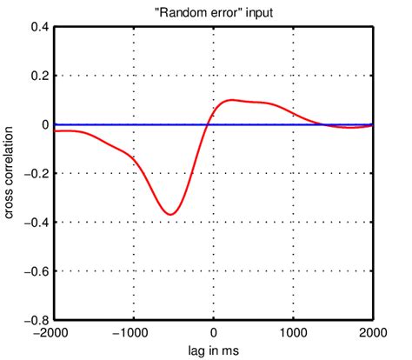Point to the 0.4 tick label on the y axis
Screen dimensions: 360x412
[39, 27]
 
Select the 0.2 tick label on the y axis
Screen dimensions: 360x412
[39, 76]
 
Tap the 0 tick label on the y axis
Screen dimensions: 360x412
[44, 124]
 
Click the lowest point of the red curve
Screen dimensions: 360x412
[171, 214]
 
